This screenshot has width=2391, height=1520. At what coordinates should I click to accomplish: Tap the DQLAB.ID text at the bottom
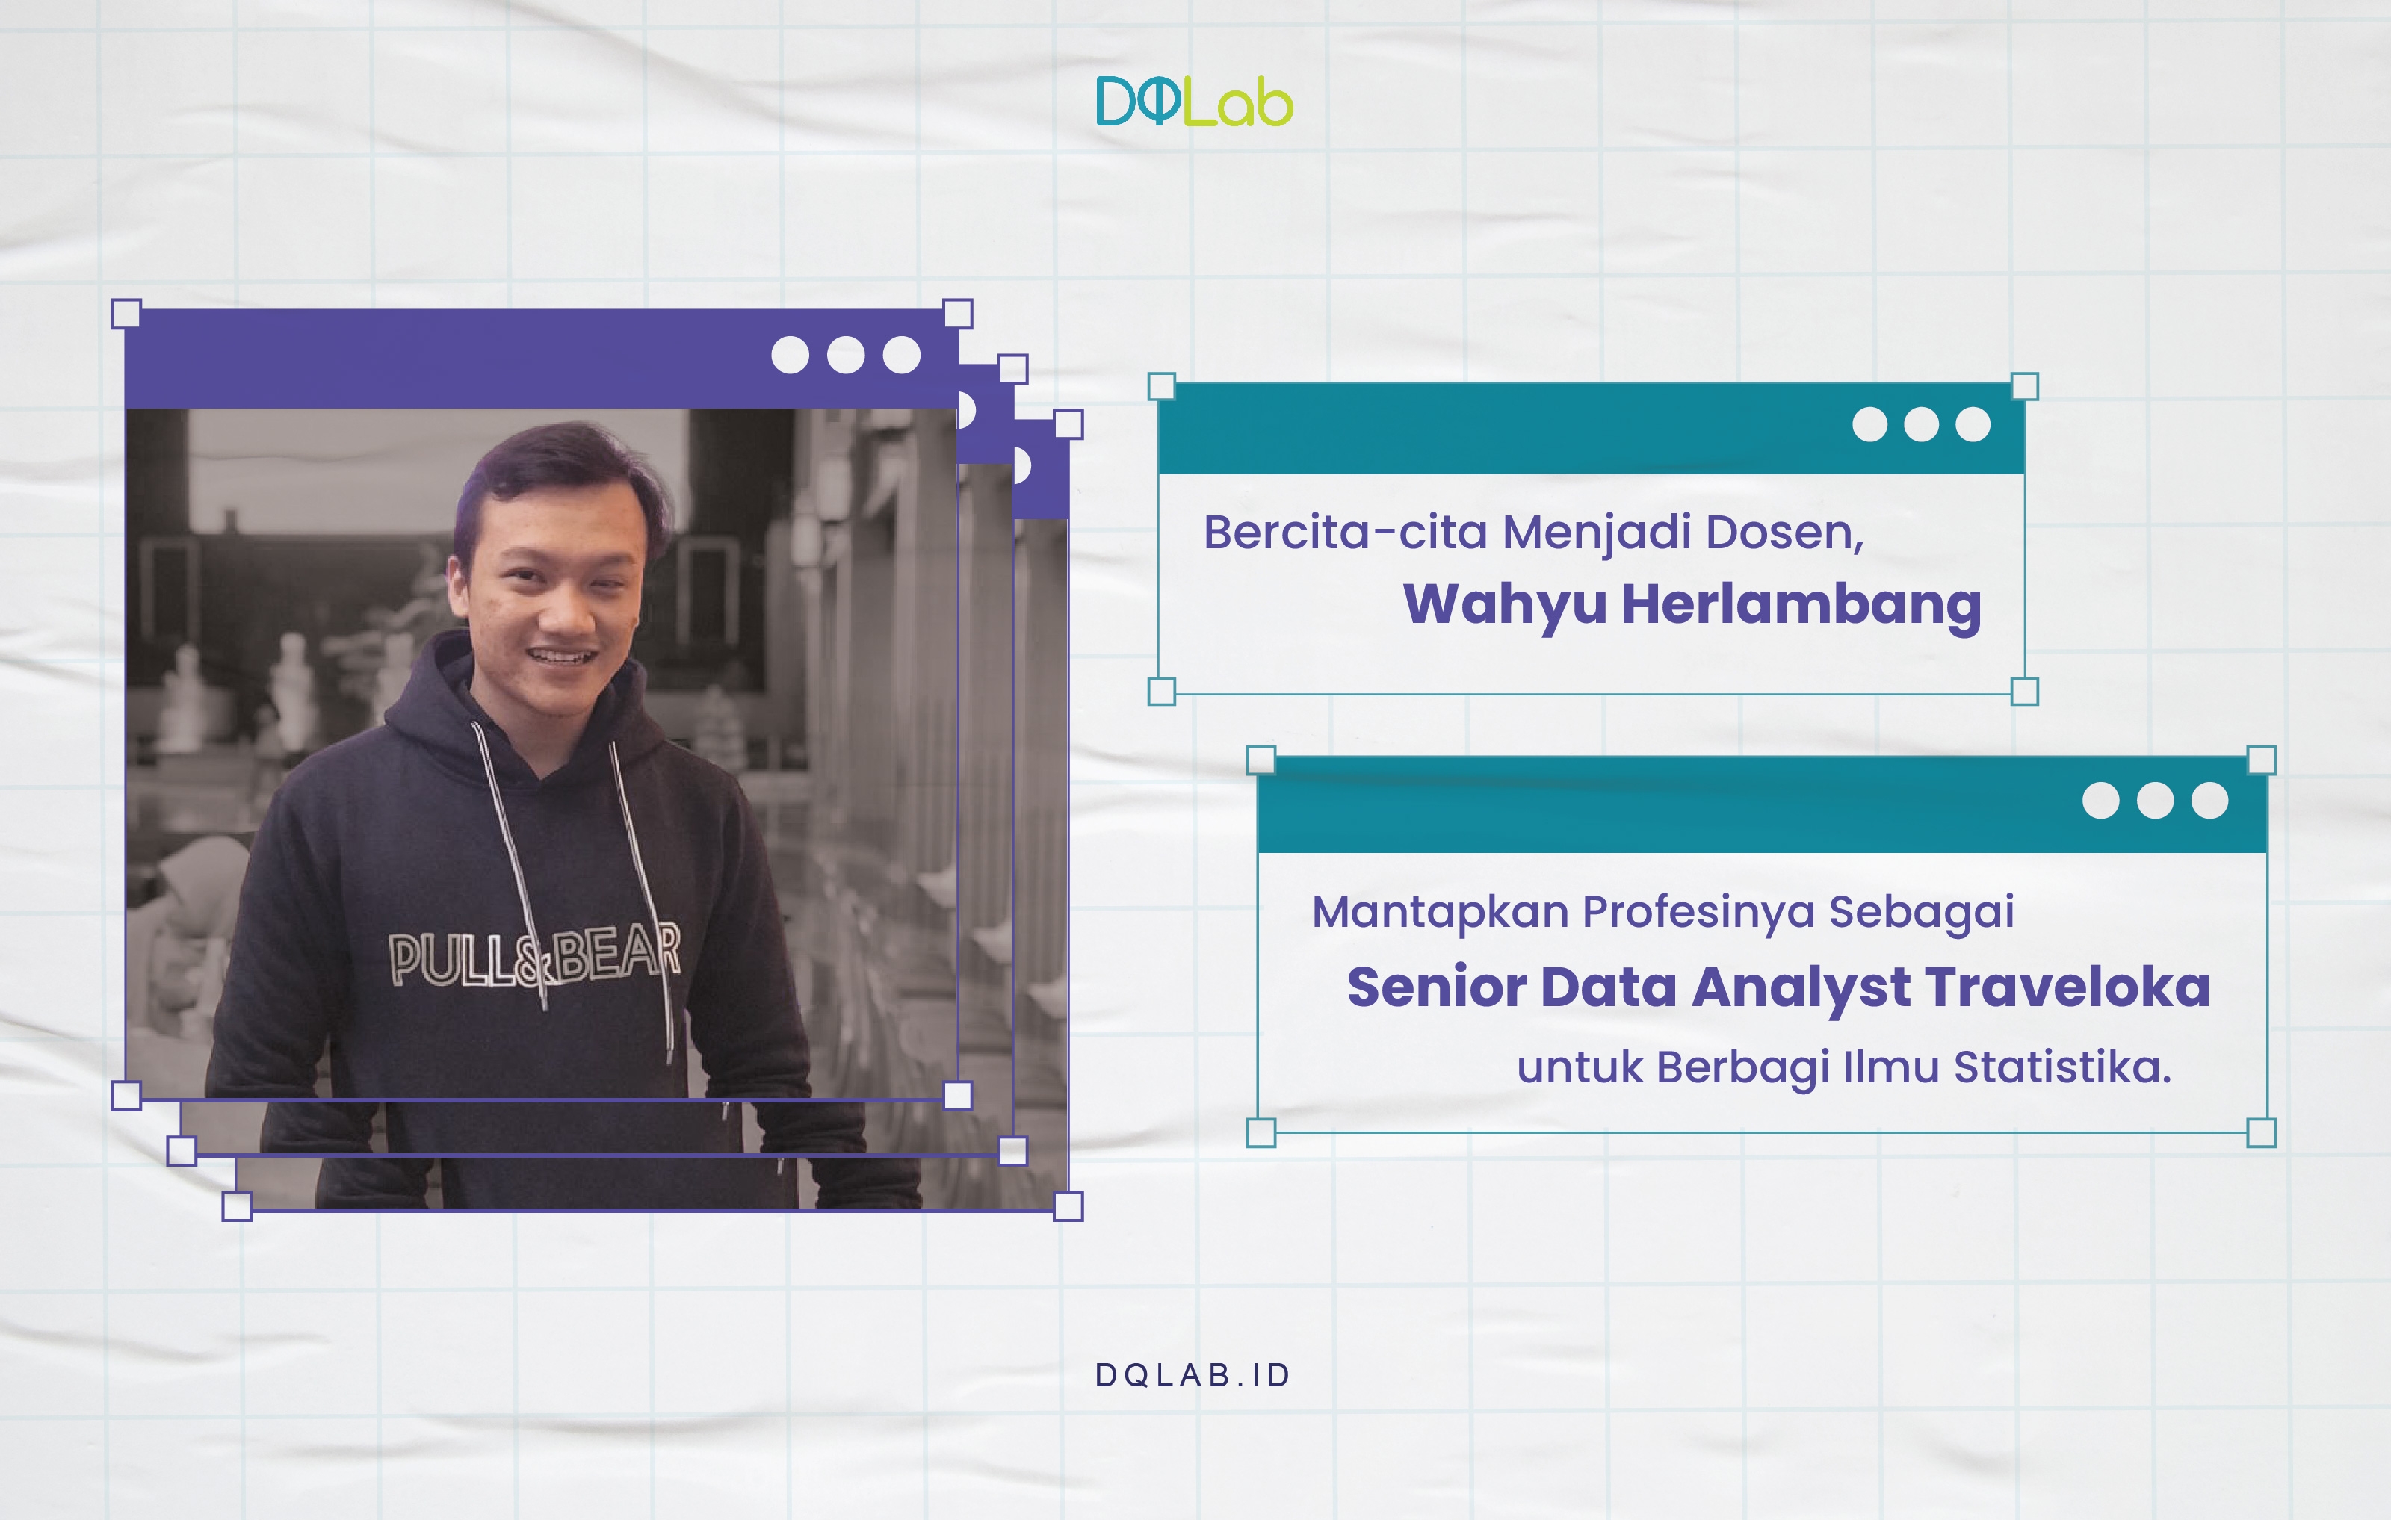[x=1193, y=1375]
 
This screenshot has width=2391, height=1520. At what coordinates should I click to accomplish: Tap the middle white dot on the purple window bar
[x=846, y=355]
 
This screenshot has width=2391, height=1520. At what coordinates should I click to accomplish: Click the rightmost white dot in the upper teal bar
[x=1973, y=424]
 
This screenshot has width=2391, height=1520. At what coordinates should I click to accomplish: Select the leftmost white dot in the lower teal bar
[x=2101, y=800]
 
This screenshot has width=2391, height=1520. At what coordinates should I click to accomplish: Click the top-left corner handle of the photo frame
[x=126, y=314]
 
